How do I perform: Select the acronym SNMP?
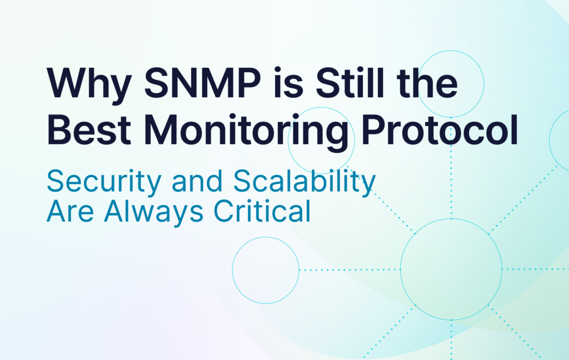(x=202, y=83)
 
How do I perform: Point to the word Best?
(x=89, y=129)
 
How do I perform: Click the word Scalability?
(x=304, y=182)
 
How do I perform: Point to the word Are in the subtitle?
(x=71, y=211)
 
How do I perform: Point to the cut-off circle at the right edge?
(x=550, y=139)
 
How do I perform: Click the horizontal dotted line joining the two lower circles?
(x=350, y=269)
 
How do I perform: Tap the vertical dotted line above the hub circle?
(x=451, y=168)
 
